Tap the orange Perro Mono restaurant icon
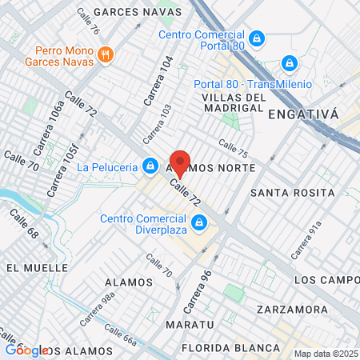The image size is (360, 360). [106, 54]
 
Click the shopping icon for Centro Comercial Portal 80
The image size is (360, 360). [256, 38]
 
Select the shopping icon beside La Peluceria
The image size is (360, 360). [149, 166]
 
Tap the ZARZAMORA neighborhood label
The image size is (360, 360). [292, 309]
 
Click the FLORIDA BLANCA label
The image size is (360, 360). [230, 347]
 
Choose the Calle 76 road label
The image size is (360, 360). [89, 21]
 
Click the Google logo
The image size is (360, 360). [26, 350]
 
